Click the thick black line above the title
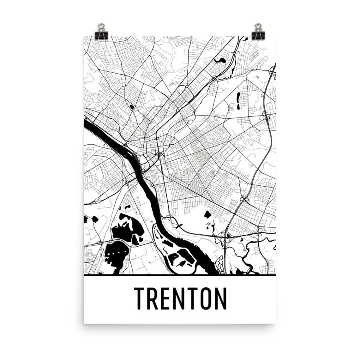coord(180,275)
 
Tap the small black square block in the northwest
coord(131,107)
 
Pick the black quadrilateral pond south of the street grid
coord(207,215)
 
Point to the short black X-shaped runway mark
coord(180,225)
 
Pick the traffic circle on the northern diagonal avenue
coord(187,86)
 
